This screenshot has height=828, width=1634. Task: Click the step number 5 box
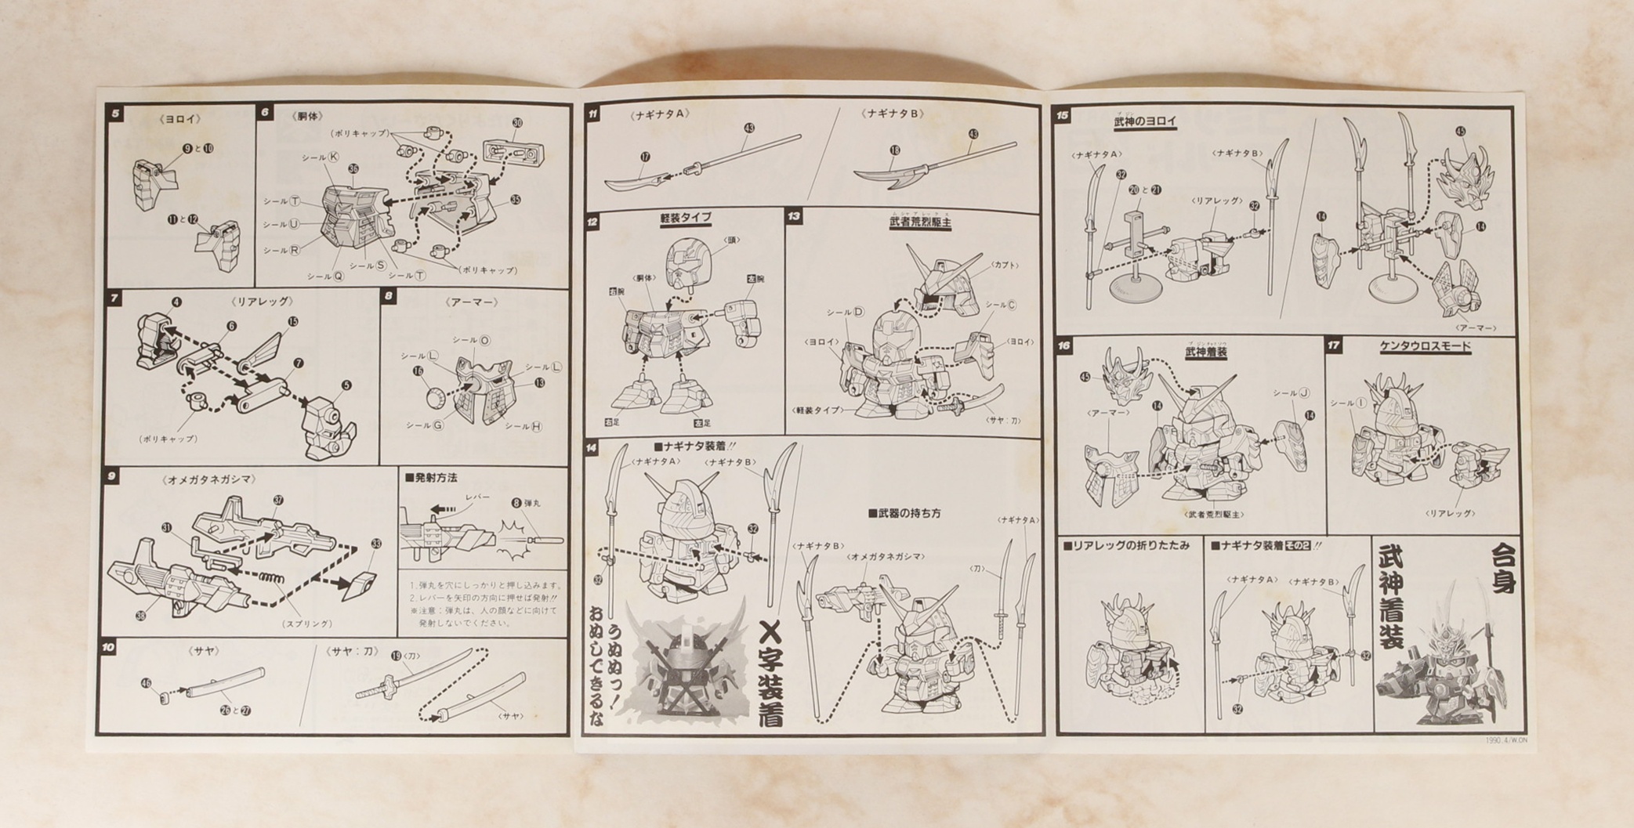(x=116, y=114)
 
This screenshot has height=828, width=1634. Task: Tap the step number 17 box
(x=1334, y=345)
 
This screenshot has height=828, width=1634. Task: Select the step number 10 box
(x=109, y=647)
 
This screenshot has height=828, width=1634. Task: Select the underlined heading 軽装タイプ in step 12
(x=686, y=218)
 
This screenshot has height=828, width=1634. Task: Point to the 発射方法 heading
(x=431, y=477)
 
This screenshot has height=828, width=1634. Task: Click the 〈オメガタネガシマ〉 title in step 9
(x=210, y=479)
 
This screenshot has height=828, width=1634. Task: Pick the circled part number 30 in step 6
(x=516, y=123)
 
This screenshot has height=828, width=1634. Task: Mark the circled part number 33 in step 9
(x=376, y=544)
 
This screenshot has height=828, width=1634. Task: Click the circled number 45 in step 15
(x=1460, y=132)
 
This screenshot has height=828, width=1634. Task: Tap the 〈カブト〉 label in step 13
(x=1005, y=266)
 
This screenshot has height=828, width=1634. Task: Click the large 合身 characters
(x=1502, y=569)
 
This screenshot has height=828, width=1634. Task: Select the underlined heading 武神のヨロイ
(x=1145, y=121)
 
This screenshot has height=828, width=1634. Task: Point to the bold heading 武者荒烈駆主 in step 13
(x=919, y=222)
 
